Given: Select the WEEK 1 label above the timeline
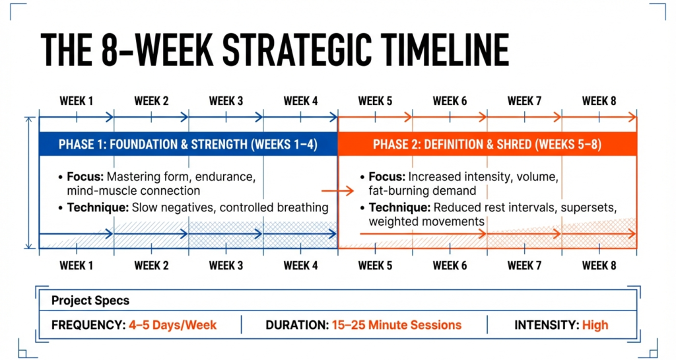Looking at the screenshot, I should click(x=77, y=101).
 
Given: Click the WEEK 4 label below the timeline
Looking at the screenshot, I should click(x=300, y=266).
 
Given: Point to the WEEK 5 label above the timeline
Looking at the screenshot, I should click(x=375, y=101).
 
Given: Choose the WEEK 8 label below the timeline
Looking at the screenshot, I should click(x=599, y=266).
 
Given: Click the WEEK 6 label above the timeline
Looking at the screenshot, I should click(x=450, y=101).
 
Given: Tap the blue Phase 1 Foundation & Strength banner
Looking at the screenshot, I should click(x=188, y=145).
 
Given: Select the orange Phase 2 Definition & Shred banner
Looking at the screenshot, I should click(x=487, y=145).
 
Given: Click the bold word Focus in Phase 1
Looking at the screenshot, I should click(x=86, y=177).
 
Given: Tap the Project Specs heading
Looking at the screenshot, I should click(x=90, y=301).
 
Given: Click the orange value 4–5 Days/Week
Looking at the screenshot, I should click(x=173, y=325).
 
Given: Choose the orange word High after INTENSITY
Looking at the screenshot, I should click(x=595, y=325).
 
